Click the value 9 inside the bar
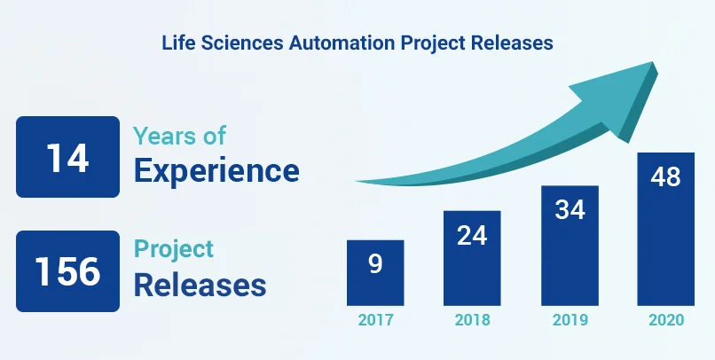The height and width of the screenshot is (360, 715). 376,263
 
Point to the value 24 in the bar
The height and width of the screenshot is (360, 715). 472,235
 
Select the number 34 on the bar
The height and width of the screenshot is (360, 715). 569,210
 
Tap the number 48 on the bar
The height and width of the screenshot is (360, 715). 664,176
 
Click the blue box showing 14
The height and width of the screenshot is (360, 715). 67,157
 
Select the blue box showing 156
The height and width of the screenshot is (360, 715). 67,271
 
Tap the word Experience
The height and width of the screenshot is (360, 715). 216,170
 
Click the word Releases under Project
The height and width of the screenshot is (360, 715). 200,285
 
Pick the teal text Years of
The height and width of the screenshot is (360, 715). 179,136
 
